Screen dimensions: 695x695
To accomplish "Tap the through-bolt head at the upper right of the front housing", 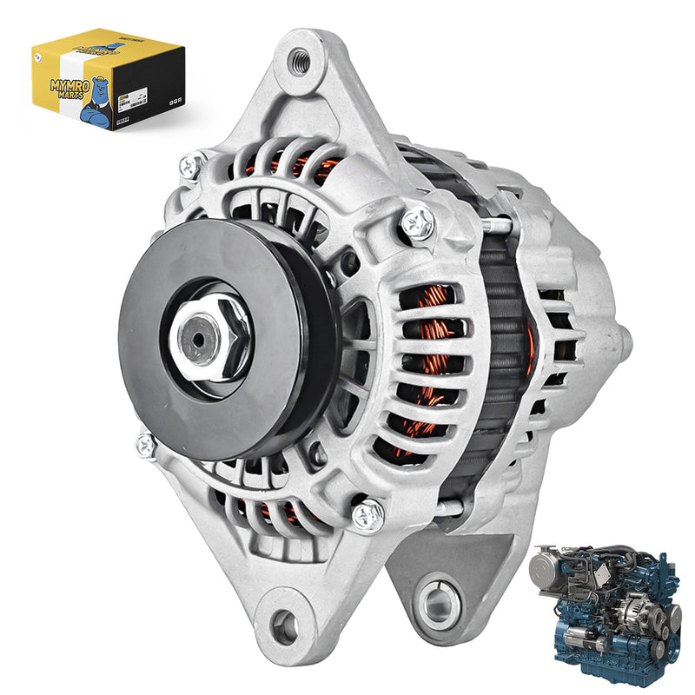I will point(418,224).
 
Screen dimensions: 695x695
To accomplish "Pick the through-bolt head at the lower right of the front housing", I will point(368,513).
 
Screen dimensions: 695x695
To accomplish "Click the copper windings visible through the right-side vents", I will point(430,347).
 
